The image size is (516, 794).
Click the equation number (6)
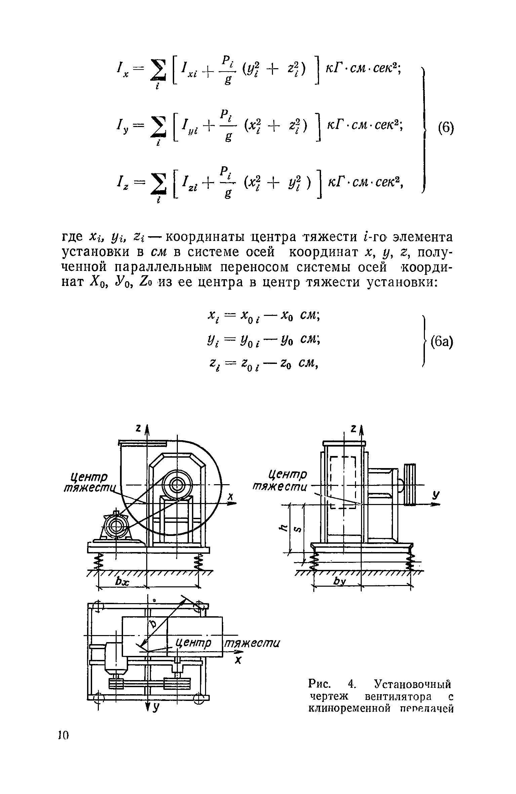(x=446, y=129)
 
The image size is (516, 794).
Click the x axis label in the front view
(x=230, y=496)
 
